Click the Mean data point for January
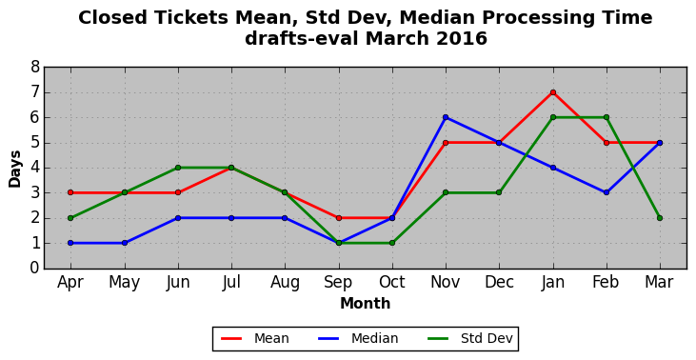coord(552,92)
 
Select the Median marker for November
coord(446,117)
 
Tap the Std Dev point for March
coord(660,218)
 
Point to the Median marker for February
coord(607,192)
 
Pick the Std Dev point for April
coord(70,218)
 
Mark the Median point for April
coord(70,243)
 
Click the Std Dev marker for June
coord(178,168)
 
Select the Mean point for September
coord(339,218)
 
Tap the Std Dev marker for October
coord(392,243)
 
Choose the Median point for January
coord(552,168)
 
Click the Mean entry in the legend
coord(255,339)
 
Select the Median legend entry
coord(358,339)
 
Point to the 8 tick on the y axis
coord(35,68)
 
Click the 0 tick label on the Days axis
coord(35,269)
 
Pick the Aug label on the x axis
coord(285,282)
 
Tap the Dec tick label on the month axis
coord(499,282)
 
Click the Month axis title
coord(366,304)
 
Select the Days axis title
coord(14,169)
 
